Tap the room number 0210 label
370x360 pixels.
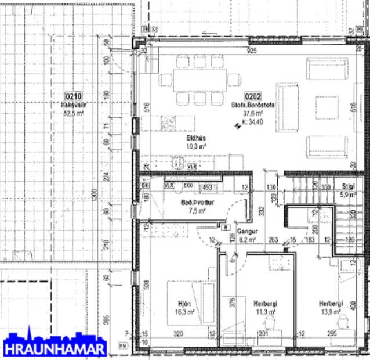73,96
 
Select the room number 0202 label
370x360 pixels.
253,96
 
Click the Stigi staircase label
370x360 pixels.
348,187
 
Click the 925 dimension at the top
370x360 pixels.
251,52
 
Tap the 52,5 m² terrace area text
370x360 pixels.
73,114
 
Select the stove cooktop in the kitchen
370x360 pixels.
169,123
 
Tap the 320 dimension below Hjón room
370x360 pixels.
178,334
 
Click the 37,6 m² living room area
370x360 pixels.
253,114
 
